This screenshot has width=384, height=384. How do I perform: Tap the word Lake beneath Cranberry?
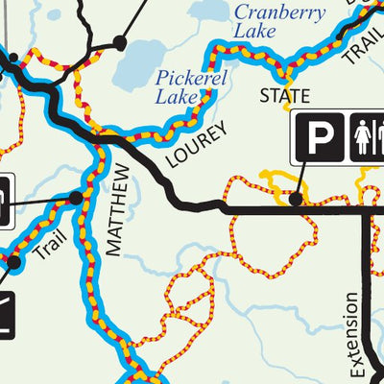254,31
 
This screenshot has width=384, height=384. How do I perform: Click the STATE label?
285,97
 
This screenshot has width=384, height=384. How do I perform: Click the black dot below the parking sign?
297,200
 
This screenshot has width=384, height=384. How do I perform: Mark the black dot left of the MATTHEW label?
76,198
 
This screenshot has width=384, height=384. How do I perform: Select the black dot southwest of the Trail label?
14,261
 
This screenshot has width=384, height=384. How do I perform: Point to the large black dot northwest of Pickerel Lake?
120,42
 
